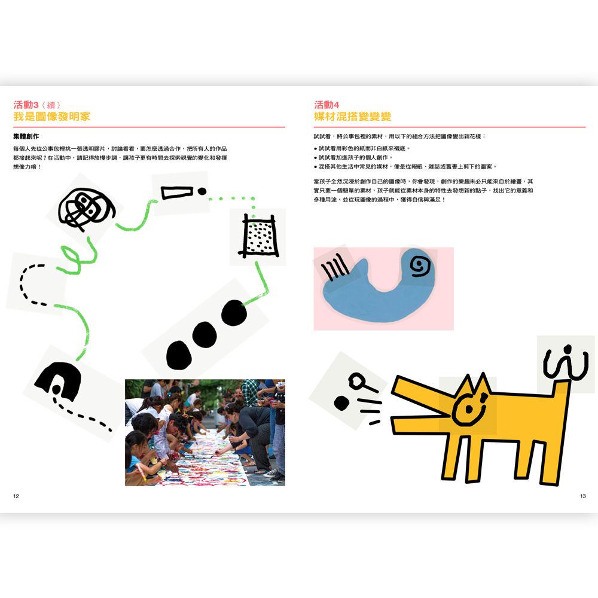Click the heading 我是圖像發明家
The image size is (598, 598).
point(52,117)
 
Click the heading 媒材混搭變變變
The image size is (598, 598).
point(353,117)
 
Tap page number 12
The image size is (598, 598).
point(16,496)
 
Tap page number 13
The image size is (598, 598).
point(582,496)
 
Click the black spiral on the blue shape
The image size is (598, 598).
point(420,266)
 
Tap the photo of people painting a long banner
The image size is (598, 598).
point(205,432)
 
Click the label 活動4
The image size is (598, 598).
point(327,105)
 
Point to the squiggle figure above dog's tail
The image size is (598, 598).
point(566,363)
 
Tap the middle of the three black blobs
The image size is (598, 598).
point(205,335)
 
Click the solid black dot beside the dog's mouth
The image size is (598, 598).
point(341,403)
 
